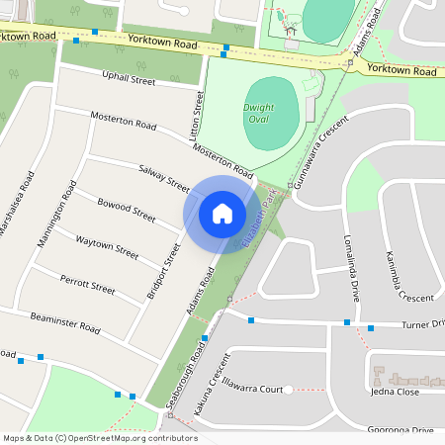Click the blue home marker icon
(222, 213)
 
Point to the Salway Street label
(164, 178)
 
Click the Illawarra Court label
(253, 389)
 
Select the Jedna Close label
(395, 392)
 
